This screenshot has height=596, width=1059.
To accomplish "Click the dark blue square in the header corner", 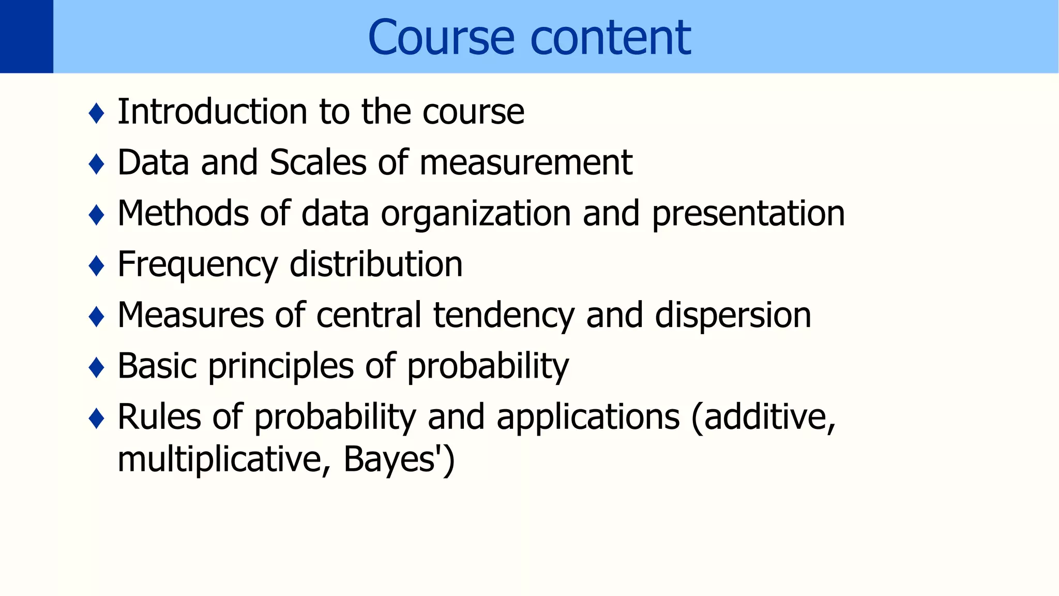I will (x=26, y=36).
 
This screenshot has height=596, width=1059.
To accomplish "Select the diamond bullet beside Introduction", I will (x=97, y=113).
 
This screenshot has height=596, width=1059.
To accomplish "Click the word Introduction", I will (x=213, y=112).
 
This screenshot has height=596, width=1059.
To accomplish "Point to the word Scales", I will (x=318, y=162).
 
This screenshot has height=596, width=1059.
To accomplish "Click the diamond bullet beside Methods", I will (x=97, y=215).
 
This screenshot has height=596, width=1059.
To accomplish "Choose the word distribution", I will (x=376, y=264).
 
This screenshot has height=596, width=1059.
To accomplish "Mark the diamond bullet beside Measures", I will (x=97, y=316).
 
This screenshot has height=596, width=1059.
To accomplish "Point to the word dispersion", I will (x=733, y=316).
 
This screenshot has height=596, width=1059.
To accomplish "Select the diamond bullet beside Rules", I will (x=97, y=418).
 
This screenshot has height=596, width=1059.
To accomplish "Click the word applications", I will (x=588, y=417).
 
